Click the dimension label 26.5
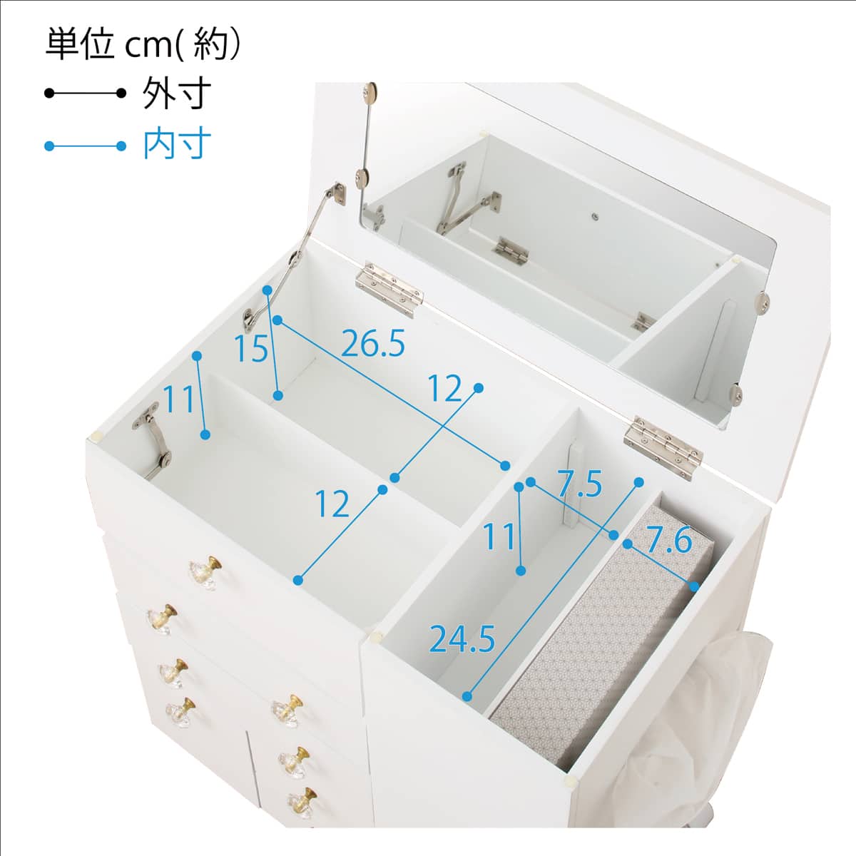372,344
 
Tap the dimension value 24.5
462,639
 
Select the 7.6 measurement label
670,540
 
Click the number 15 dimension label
251,348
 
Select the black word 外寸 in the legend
176,93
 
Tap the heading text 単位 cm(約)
143,45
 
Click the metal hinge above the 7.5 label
662,447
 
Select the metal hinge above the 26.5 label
389,289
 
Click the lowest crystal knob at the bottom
302,802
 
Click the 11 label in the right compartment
500,536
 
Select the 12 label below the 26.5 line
446,388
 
